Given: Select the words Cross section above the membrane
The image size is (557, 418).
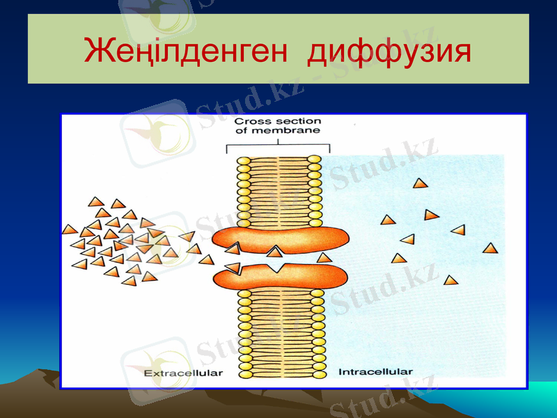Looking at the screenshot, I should pyautogui.click(x=277, y=121).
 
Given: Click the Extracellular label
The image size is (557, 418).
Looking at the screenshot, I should pyautogui.click(x=182, y=373).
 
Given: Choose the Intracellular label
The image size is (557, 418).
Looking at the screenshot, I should pyautogui.click(x=375, y=372).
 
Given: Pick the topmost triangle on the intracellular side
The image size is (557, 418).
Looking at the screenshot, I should pyautogui.click(x=419, y=184).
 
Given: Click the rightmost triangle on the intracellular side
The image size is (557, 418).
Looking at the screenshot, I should pyautogui.click(x=491, y=248).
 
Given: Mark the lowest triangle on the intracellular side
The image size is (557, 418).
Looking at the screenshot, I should pyautogui.click(x=451, y=281).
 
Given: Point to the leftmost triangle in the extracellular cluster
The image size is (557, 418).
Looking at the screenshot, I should pyautogui.click(x=70, y=229).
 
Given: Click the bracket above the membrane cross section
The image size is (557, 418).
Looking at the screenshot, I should pyautogui.click(x=278, y=147).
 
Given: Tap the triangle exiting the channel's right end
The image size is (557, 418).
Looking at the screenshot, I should pyautogui.click(x=324, y=258).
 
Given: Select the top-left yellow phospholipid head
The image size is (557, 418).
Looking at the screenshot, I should pyautogui.click(x=244, y=161).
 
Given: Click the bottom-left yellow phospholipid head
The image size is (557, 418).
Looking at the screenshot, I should pyautogui.click(x=245, y=374).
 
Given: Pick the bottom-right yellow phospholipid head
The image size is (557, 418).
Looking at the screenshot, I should pyautogui.click(x=317, y=374).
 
